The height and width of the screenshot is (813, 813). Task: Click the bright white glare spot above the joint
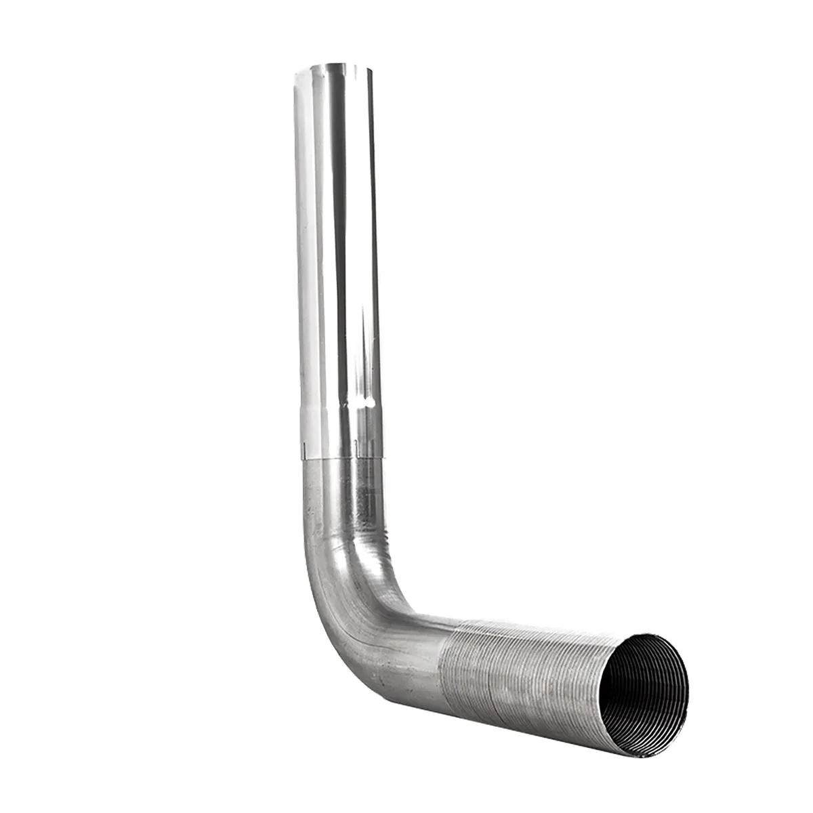pyautogui.click(x=369, y=404)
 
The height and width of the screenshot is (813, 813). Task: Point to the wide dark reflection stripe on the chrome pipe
pyautogui.click(x=337, y=237)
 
